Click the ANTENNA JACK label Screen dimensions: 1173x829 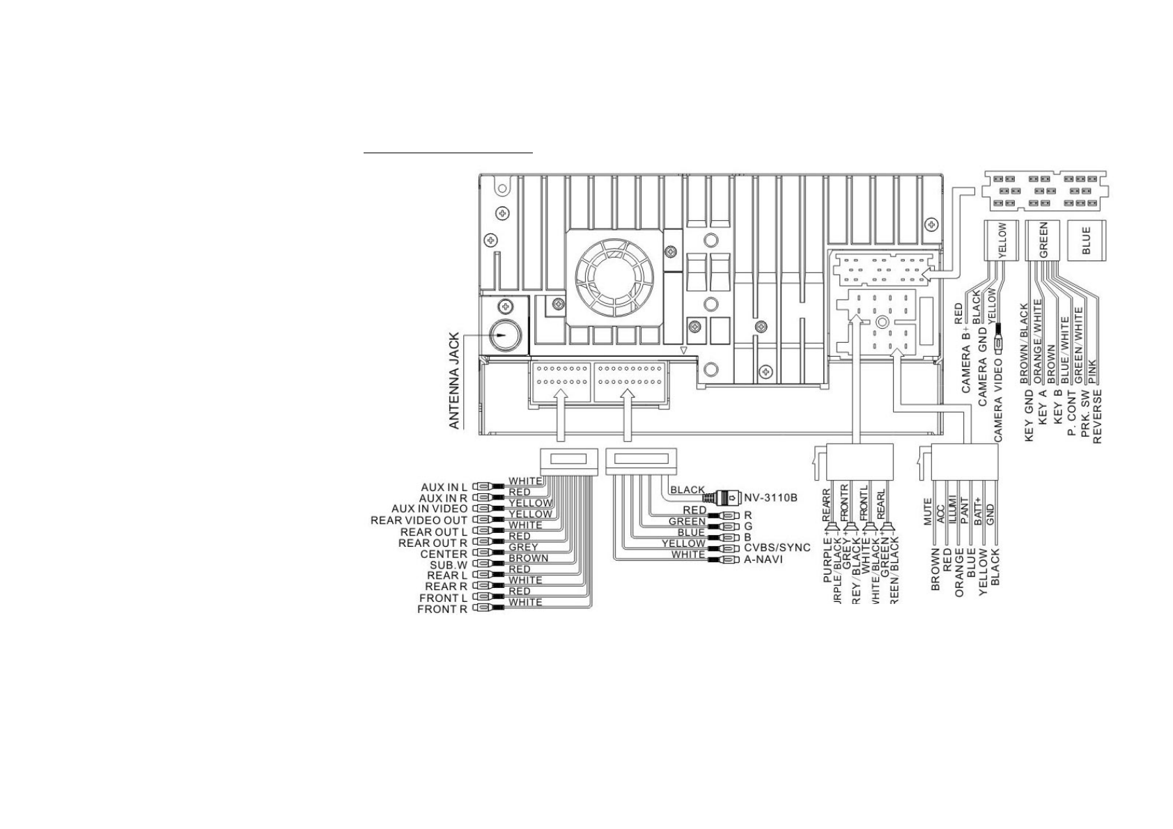[453, 380]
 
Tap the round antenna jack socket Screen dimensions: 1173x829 [505, 335]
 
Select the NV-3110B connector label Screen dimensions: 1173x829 [770, 498]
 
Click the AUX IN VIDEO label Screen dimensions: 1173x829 [429, 509]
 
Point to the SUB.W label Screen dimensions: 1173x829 [449, 565]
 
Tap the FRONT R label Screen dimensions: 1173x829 [442, 610]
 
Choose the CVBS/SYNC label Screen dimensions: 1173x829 [777, 548]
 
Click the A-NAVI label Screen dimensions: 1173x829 [763, 559]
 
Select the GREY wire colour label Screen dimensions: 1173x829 [523, 548]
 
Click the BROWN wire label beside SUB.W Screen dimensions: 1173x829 [528, 558]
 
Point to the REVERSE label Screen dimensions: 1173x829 [1097, 417]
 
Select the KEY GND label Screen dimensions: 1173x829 [1029, 416]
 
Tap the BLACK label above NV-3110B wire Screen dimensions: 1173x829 [688, 490]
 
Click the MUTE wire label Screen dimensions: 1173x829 [928, 511]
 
